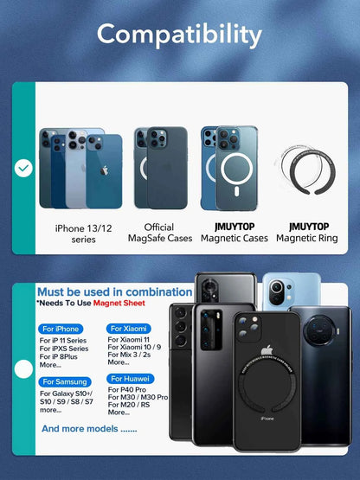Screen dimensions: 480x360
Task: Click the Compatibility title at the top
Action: tap(179, 35)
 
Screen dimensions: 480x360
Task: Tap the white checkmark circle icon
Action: tap(23, 168)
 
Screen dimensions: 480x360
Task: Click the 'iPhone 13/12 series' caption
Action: tap(83, 233)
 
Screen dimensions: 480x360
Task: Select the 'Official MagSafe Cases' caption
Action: tap(159, 233)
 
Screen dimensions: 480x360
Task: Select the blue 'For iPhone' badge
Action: tap(60, 329)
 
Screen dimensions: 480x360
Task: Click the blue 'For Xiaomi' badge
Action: tap(128, 329)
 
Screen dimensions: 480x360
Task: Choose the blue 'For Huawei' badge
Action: tap(129, 378)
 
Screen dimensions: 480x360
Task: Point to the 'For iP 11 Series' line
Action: tap(63, 340)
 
